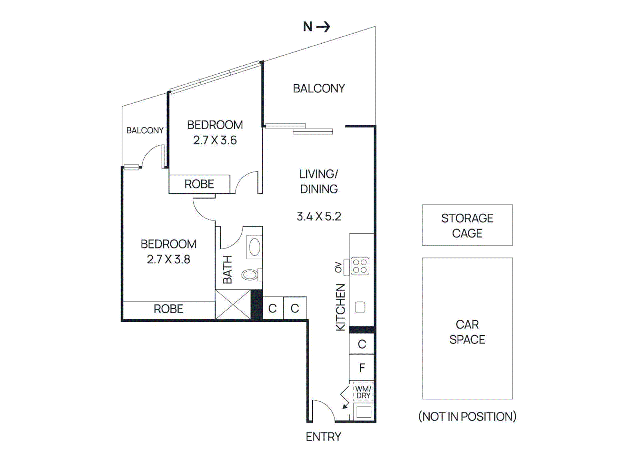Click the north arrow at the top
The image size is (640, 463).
(322, 27)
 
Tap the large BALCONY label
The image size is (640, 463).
(319, 88)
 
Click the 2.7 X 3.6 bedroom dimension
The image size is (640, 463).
(215, 140)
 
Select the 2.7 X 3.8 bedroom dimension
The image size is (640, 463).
(168, 259)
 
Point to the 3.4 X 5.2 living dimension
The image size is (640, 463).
(319, 216)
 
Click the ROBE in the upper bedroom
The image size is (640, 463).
(199, 184)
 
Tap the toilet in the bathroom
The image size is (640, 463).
(250, 275)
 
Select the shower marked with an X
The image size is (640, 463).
(233, 305)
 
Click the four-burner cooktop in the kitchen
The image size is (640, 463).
(360, 266)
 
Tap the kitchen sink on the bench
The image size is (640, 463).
(360, 307)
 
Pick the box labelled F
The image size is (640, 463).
(362, 367)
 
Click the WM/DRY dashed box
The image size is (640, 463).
(363, 392)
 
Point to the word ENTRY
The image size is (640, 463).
(323, 437)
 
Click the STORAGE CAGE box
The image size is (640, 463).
(467, 225)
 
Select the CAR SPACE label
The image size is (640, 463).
(467, 332)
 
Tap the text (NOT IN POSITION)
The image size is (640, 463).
(467, 417)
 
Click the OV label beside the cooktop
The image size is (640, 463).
(338, 267)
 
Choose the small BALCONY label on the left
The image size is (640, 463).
(145, 130)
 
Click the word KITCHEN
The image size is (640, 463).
(340, 307)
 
